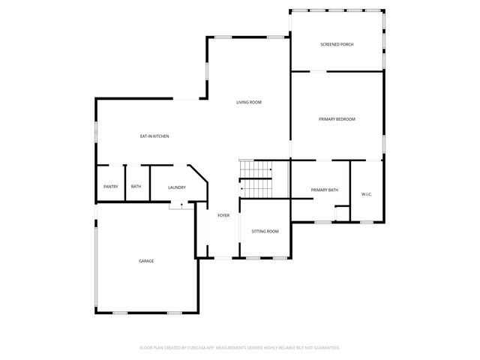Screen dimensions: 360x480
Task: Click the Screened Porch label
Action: pyautogui.click(x=337, y=45)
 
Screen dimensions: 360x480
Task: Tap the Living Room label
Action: pyautogui.click(x=248, y=102)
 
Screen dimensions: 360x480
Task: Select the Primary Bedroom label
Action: pyautogui.click(x=337, y=119)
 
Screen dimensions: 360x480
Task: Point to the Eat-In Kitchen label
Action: pyautogui.click(x=154, y=136)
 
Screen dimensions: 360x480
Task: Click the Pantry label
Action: pyautogui.click(x=110, y=187)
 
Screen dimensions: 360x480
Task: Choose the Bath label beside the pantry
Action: pyautogui.click(x=136, y=187)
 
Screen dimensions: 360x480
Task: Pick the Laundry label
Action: pyautogui.click(x=177, y=187)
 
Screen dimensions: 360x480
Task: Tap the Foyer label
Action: pyautogui.click(x=223, y=216)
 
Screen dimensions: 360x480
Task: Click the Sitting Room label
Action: pyautogui.click(x=265, y=231)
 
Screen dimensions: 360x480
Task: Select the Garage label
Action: pyautogui.click(x=146, y=261)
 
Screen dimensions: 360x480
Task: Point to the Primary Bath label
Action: pyautogui.click(x=325, y=190)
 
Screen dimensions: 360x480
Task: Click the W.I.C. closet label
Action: pyautogui.click(x=367, y=195)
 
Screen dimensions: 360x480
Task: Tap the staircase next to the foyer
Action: pyautogui.click(x=256, y=178)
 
